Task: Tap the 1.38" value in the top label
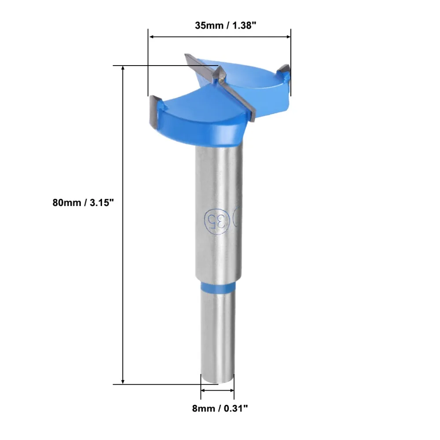[x=244, y=26]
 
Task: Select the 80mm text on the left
[x=67, y=202]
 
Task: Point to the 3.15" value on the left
[x=102, y=202]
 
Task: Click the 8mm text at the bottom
[x=203, y=409]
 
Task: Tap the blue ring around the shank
[x=218, y=286]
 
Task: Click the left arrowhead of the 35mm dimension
[x=151, y=37]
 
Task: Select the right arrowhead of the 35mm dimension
[x=288, y=37]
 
